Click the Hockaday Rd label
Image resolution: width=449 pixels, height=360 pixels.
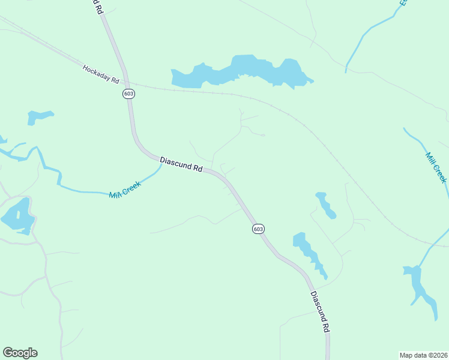click(101, 75)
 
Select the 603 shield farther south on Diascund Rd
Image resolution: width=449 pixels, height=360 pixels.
click(258, 229)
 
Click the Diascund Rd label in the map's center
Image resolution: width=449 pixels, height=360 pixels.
click(181, 164)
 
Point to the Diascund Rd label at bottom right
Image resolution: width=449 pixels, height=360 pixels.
click(320, 312)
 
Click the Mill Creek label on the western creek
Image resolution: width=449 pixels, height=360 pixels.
click(125, 190)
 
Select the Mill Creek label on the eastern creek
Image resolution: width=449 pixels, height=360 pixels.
click(436, 167)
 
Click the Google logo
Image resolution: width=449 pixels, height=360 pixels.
click(20, 353)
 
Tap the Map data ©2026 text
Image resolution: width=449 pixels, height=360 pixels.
click(423, 355)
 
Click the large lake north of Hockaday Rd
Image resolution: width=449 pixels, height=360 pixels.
click(240, 71)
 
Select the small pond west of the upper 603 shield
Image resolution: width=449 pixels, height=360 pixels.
click(39, 116)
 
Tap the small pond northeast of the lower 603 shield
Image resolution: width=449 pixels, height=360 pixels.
click(325, 205)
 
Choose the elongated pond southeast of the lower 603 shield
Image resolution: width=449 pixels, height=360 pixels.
click(307, 252)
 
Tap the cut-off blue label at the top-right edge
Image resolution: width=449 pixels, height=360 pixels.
click(403, 3)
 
